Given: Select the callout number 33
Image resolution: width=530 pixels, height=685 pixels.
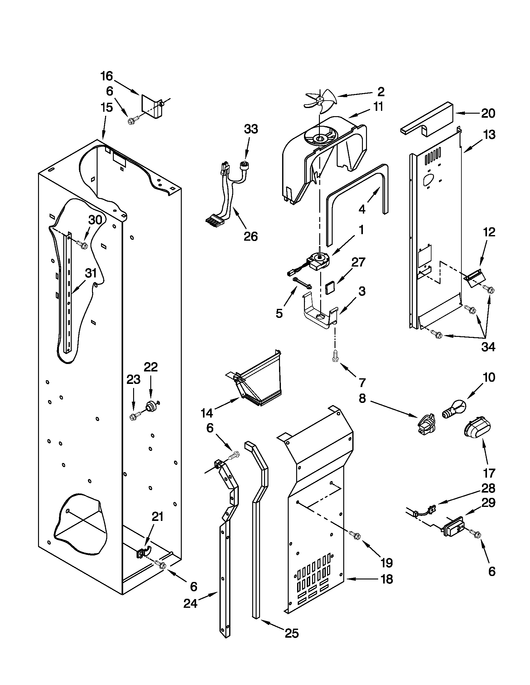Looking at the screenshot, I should point(251,129).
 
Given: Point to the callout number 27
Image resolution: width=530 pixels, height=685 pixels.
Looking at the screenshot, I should point(358,262).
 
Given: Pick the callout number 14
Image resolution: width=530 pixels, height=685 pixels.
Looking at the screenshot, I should point(207,413).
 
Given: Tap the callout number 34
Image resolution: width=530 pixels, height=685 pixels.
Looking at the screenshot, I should point(489,347).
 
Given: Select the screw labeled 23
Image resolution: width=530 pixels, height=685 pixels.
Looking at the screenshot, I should point(133,417).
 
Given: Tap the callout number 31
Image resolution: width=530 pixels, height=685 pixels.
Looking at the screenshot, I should point(91,273).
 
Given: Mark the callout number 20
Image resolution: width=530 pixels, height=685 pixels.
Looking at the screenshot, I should point(488,113).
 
